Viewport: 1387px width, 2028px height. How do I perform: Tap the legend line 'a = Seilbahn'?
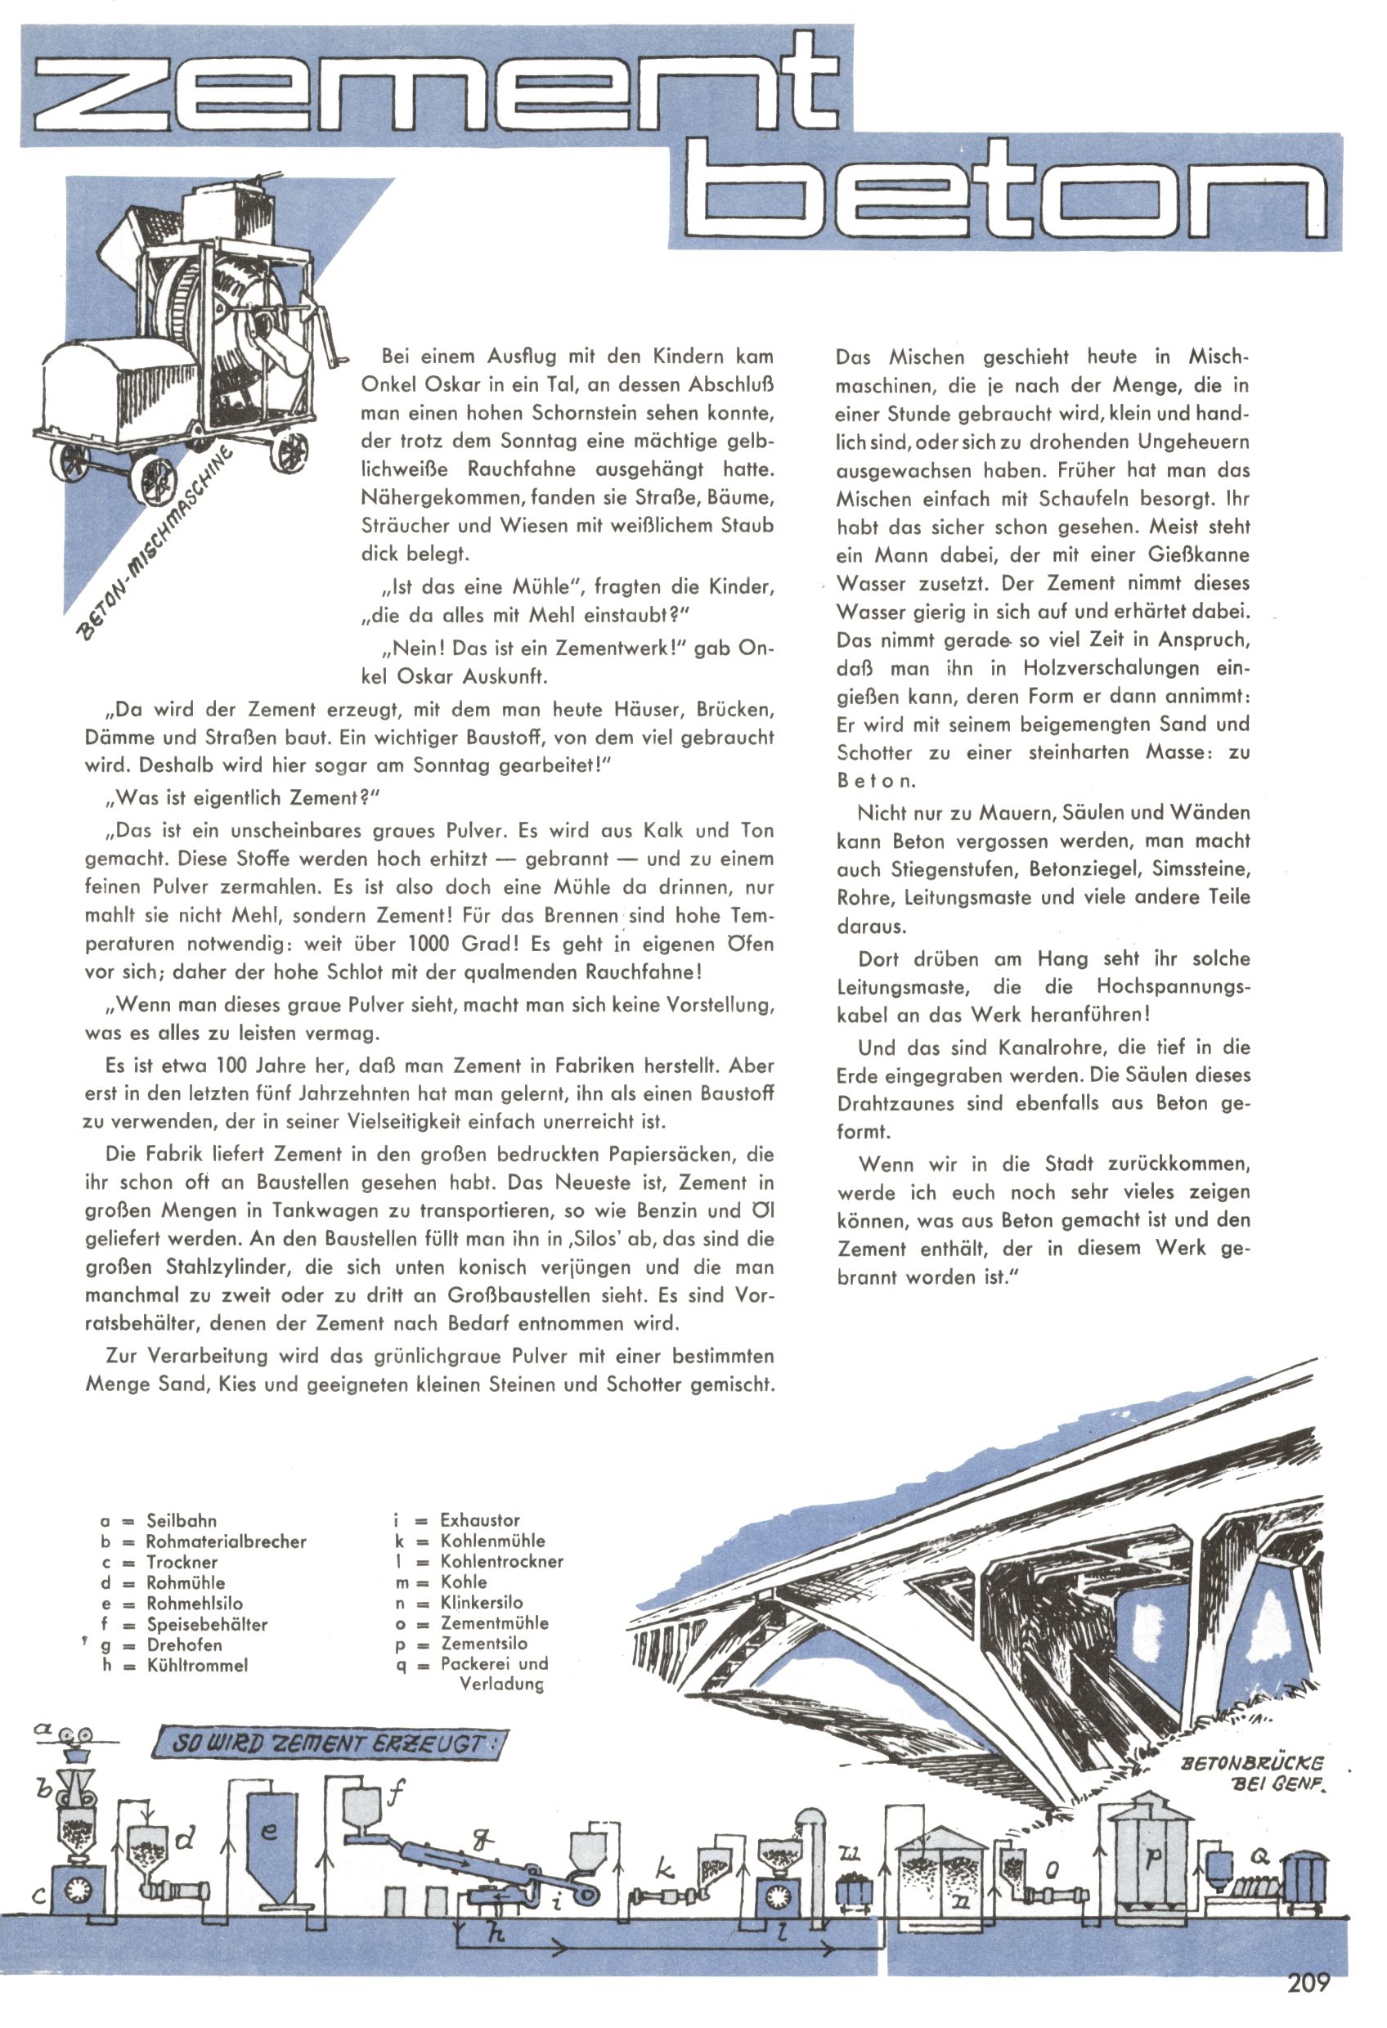(158, 1520)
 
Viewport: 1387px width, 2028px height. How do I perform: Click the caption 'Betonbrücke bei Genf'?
(1250, 1773)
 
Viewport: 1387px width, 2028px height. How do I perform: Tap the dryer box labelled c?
(78, 1890)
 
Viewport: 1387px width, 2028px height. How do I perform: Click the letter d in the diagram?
(185, 1841)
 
